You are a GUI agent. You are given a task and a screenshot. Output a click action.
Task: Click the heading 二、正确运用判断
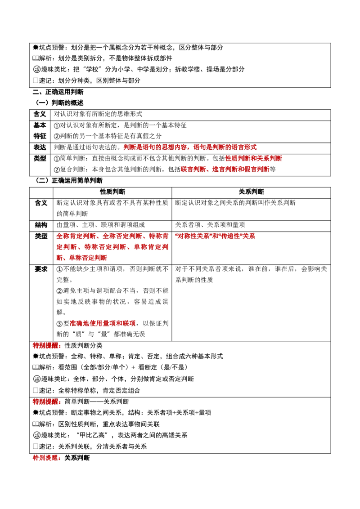pos(58,92)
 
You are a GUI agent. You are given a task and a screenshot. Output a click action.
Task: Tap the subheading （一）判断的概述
pos(58,103)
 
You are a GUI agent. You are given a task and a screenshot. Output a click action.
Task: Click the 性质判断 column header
pos(112,192)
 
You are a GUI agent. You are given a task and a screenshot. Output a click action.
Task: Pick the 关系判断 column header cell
pos(251,192)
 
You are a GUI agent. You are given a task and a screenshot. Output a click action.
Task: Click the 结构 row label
pos(41,225)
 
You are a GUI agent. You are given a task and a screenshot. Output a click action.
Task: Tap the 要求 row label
pos(41,269)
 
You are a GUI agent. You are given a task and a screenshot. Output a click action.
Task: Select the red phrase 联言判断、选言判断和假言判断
pos(225,170)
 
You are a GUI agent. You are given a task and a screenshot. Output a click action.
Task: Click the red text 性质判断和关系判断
pos(253,158)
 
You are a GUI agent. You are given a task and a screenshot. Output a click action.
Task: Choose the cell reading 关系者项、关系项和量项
pos(210,225)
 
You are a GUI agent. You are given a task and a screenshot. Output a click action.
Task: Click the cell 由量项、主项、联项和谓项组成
pos(101,225)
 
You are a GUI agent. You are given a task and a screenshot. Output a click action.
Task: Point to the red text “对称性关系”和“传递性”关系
pos(215,237)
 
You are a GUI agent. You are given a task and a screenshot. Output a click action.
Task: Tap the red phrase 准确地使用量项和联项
pos(103,324)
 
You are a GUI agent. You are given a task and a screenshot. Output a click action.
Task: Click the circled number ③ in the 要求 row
pos(59,324)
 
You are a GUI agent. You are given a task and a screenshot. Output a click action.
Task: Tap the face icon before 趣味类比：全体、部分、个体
pos(37,379)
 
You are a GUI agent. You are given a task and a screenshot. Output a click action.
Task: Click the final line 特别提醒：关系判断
pos(61,458)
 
